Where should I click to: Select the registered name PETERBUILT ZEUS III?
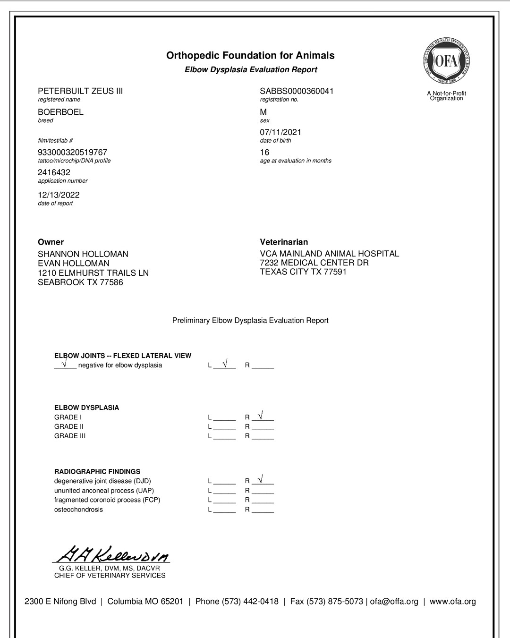pos(80,91)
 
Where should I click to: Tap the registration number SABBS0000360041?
pos(297,91)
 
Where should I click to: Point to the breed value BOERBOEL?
pos(60,112)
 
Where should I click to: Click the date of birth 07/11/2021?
pos(280,132)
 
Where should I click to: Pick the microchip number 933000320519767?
pos(72,153)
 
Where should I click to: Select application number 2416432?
pos(54,172)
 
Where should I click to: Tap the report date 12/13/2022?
pos(59,195)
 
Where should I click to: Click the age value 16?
pos(264,153)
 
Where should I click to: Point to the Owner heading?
pos(51,242)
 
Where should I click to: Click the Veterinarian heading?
pos(284,242)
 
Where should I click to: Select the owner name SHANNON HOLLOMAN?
pos(83,254)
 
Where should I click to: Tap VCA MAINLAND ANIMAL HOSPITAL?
pos(329,254)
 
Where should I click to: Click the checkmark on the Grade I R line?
pos(261,415)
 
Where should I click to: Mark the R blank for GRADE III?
pos(263,436)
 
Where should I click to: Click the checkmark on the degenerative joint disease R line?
pos(261,479)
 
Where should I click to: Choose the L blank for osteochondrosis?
pos(224,510)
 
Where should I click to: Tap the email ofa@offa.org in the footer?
pos(394,602)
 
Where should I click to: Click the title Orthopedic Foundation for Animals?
pos(250,56)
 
